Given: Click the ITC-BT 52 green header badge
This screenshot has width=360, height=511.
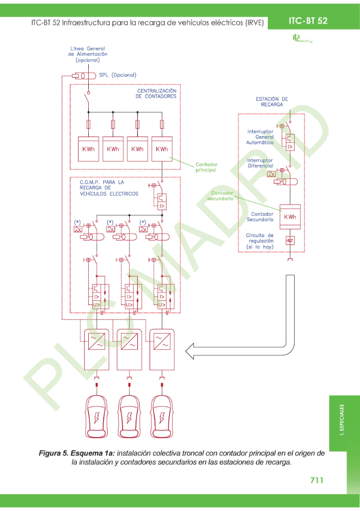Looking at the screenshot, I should click(308, 20).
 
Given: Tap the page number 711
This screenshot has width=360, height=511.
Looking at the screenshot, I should click(317, 480).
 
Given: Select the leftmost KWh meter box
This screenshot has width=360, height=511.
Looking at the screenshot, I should click(88, 149).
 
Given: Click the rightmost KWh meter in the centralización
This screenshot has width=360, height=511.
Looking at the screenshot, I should click(162, 149).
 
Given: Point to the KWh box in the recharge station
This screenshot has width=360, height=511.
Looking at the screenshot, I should click(290, 217).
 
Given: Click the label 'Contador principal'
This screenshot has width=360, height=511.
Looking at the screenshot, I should click(206, 167).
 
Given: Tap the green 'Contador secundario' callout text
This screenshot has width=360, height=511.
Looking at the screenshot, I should click(222, 196).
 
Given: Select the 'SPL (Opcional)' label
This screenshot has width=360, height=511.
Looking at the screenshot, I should click(118, 75).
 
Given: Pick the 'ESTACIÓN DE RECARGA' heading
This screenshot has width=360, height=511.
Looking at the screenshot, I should click(272, 102).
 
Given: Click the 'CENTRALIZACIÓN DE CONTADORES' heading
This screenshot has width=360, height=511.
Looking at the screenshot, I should click(156, 93).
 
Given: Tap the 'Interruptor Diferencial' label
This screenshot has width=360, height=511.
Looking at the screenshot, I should click(260, 163).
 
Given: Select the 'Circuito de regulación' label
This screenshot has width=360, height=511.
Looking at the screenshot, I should click(260, 241).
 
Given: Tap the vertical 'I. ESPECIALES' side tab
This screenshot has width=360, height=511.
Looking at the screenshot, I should click(342, 419).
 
